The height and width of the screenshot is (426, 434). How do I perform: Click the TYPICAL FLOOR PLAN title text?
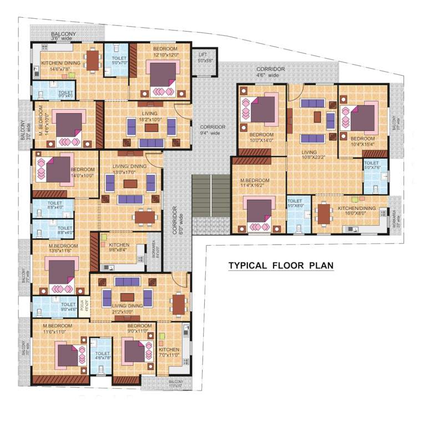pyautogui.click(x=281, y=265)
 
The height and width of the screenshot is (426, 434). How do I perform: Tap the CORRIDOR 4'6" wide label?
pyautogui.click(x=270, y=72)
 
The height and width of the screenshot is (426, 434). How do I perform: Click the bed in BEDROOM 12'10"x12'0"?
pyautogui.click(x=162, y=77)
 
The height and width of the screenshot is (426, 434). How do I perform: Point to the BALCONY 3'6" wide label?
pyautogui.click(x=63, y=36)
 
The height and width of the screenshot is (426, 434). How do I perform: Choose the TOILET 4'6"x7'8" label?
pyautogui.click(x=102, y=356)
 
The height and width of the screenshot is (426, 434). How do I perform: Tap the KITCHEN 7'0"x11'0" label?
pyautogui.click(x=169, y=352)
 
